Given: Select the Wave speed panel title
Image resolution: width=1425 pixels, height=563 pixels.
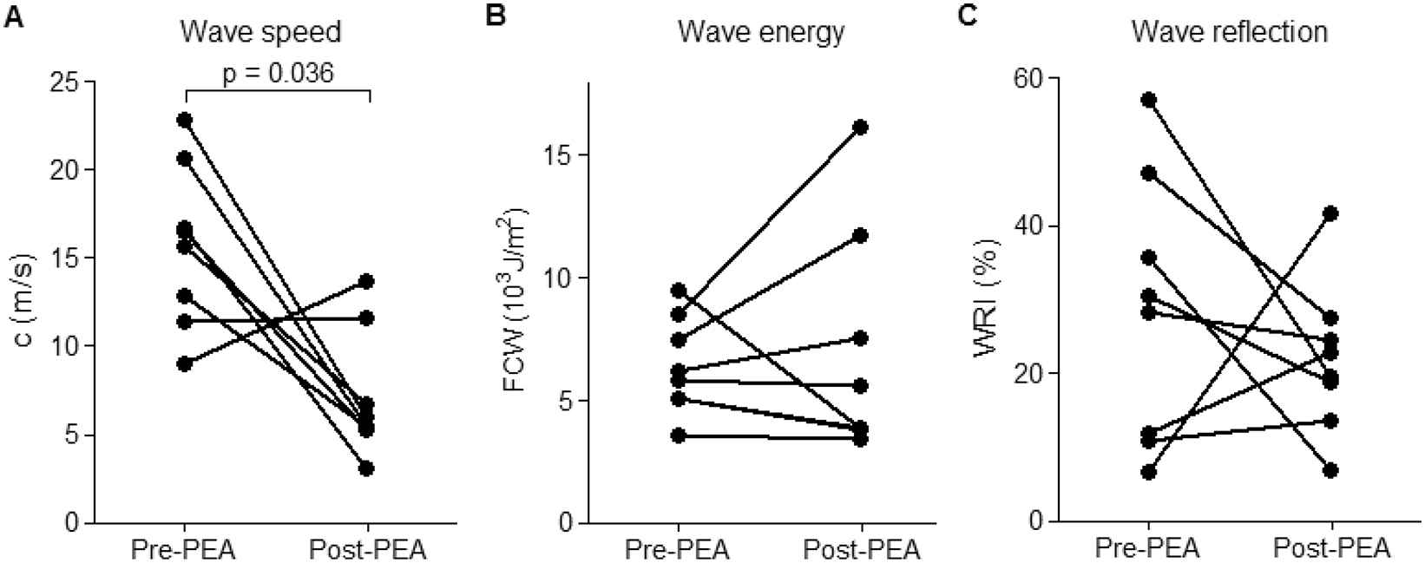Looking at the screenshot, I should tap(260, 33).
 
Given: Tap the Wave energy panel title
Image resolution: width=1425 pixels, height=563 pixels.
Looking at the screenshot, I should tap(761, 33).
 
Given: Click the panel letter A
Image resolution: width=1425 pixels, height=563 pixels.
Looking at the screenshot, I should tap(12, 16).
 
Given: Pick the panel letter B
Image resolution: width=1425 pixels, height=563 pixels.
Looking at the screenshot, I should tap(495, 16).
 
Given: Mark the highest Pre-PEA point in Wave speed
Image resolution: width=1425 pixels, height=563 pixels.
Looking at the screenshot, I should tap(184, 120).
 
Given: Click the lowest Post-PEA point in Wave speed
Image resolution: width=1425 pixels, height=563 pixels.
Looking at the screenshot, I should tap(367, 468).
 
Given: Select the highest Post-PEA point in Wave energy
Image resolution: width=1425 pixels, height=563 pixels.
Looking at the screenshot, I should tap(860, 128).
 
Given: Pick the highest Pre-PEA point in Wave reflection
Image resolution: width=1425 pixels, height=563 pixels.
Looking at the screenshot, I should tap(1148, 100).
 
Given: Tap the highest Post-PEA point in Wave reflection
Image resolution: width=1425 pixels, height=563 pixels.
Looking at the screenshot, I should tap(1330, 213).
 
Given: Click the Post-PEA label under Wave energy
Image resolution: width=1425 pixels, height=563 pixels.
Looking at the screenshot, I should tap(861, 550).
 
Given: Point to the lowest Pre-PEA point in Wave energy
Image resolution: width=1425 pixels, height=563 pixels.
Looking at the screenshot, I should tap(678, 435).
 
